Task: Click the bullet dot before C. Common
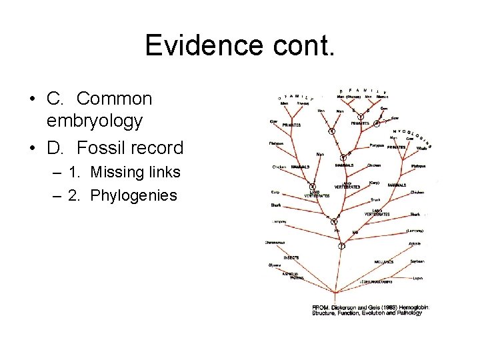[x=31, y=99]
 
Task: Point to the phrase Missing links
[x=136, y=172]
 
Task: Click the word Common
[x=114, y=99]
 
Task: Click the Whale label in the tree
[x=421, y=148]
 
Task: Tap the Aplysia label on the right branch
[x=415, y=244]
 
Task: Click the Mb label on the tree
[x=355, y=232]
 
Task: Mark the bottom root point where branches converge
[x=341, y=246]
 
